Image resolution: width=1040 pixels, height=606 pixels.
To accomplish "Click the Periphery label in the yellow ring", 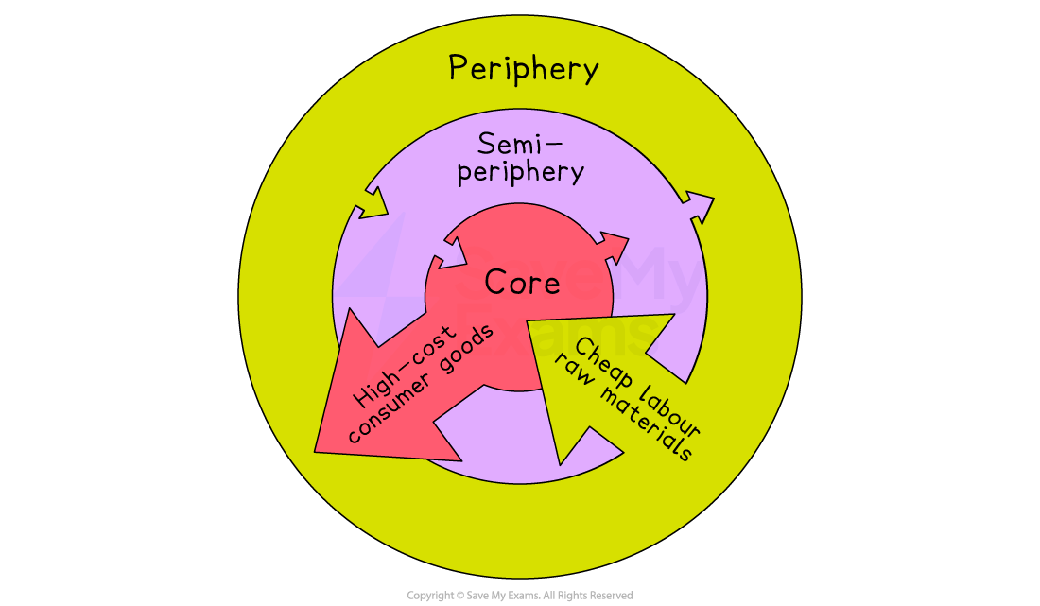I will point(523,69).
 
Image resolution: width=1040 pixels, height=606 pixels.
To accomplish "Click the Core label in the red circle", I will point(522,283).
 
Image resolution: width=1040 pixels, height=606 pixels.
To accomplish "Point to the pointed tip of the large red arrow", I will point(316,451).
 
